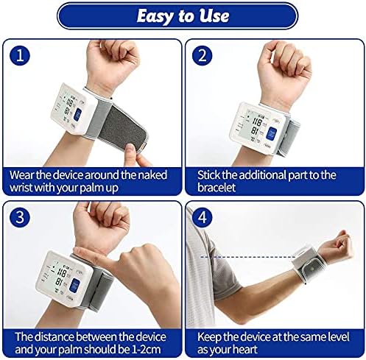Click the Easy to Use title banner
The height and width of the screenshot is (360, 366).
pos(183,15)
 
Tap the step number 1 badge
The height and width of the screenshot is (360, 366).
pos(22,56)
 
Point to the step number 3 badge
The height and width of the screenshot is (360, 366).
pos(22,219)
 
